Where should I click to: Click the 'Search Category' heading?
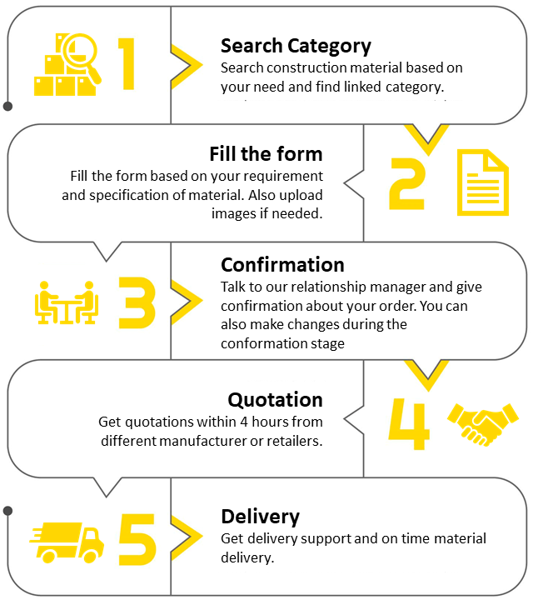[x=296, y=46]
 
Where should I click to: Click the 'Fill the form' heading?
[x=266, y=154]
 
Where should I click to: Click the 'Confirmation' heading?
[x=282, y=265]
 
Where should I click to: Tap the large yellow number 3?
[x=137, y=301]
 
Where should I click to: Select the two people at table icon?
[x=67, y=302]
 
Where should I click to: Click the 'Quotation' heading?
[x=275, y=399]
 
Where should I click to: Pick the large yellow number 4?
[x=410, y=422]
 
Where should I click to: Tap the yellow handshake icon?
[x=483, y=423]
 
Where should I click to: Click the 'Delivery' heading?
[x=260, y=516]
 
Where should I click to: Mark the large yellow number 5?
[x=137, y=537]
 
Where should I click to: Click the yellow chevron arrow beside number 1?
[x=187, y=64]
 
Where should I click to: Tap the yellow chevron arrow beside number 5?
[x=187, y=536]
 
